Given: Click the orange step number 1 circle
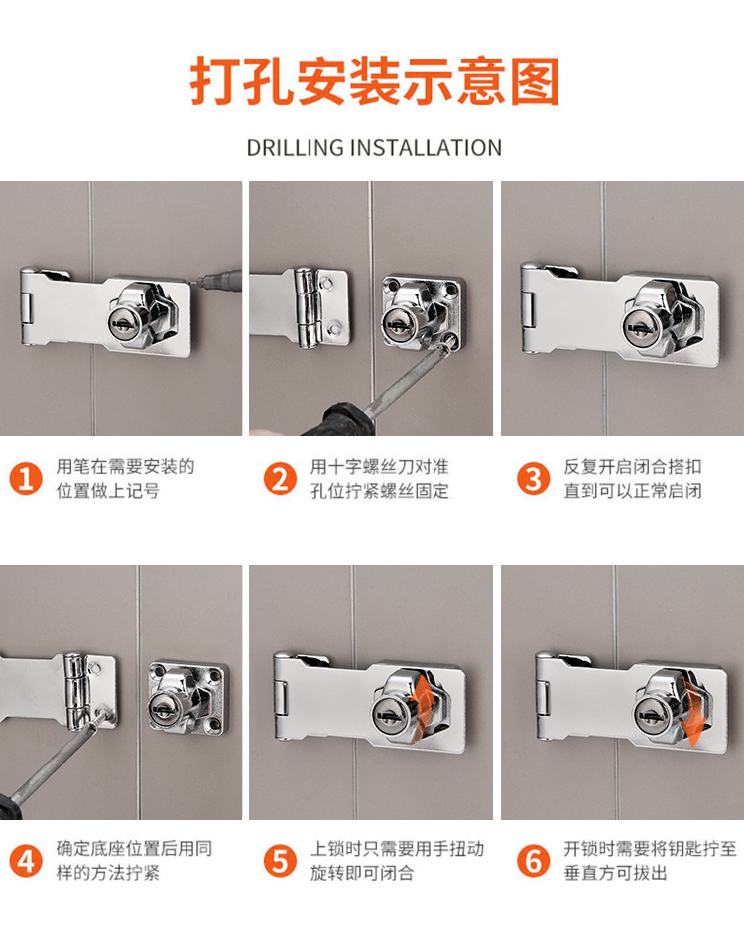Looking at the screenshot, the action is point(25,479).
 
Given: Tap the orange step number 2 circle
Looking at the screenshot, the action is point(280,479).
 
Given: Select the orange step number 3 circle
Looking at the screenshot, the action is point(533,479).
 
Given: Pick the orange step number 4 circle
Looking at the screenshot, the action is point(25,861).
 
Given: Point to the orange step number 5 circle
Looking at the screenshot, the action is point(280,861).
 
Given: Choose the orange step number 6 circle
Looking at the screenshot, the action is point(533,861).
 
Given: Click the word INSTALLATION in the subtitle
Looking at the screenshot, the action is point(426,148).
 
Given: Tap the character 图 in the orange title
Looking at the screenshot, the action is point(535,81).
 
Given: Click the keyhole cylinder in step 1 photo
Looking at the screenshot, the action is point(124,323).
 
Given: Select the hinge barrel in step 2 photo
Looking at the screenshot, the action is point(307,307).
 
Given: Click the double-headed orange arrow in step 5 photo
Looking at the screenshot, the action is point(424,699).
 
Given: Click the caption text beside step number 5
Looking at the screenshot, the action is point(397,861).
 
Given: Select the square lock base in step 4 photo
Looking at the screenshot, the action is point(188,698).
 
